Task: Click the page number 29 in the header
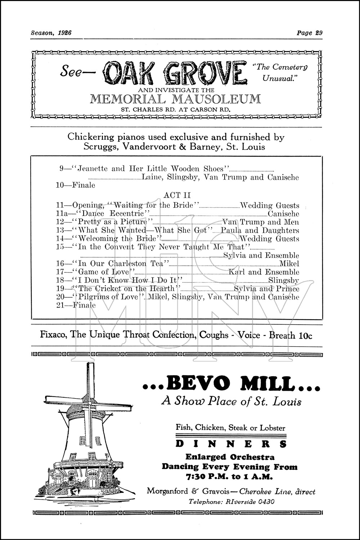[318, 33]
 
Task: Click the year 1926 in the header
[64, 33]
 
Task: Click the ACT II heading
[177, 195]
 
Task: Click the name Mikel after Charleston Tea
[292, 264]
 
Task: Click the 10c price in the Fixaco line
[305, 336]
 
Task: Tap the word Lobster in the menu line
[270, 428]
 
